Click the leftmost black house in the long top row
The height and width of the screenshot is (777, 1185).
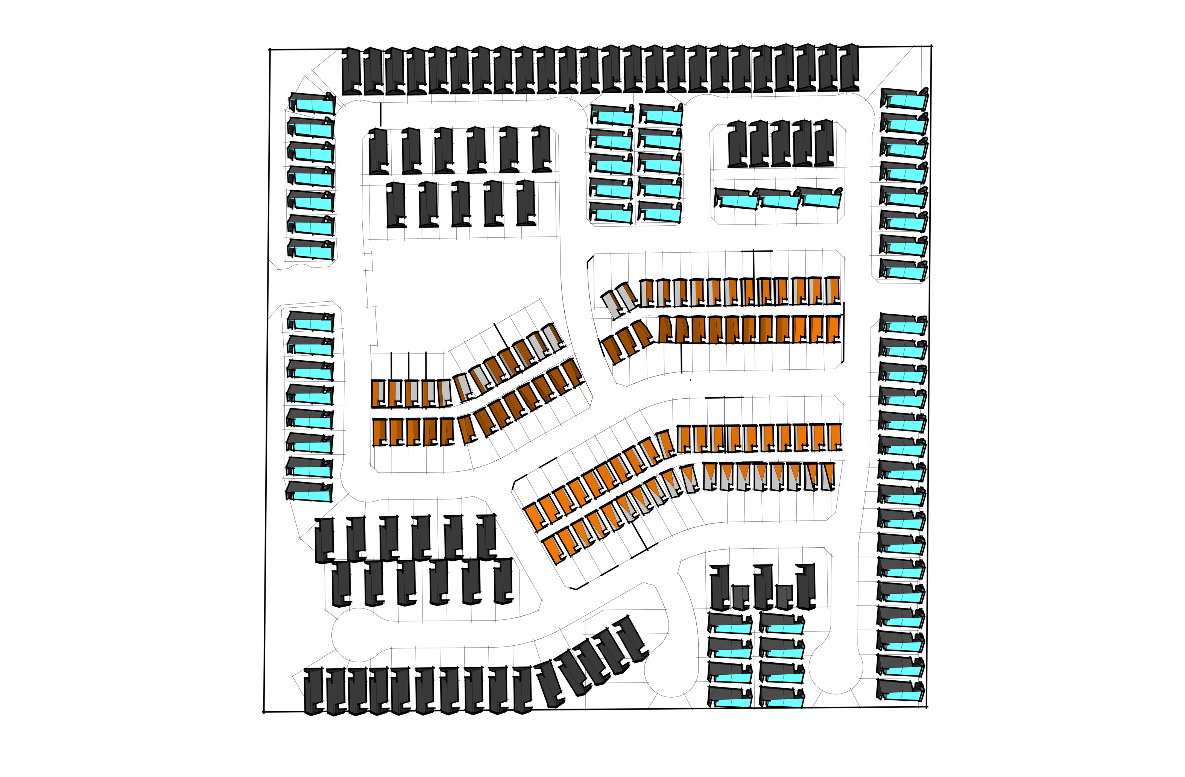pos(352,70)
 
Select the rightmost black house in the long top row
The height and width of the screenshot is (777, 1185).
pos(849,67)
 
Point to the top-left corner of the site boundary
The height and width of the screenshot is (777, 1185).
pos(270,50)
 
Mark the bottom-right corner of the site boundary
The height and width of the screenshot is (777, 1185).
pos(927,706)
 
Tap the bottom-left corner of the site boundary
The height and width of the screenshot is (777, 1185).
pos(263,712)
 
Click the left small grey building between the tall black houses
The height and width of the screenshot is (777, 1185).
pos(740,597)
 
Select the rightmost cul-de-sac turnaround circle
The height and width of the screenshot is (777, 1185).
pos(836,667)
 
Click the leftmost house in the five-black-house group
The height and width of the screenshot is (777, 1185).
pos(737,143)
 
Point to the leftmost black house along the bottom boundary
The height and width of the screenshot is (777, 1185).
pos(314,691)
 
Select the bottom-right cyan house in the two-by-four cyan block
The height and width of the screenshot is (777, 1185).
pos(782,697)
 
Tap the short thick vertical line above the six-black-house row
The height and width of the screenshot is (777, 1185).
pos(380,114)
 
